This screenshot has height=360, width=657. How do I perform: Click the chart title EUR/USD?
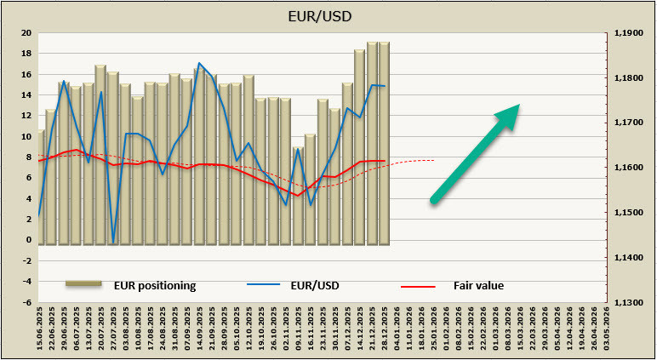328,15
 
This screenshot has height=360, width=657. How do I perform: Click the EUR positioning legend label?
155,285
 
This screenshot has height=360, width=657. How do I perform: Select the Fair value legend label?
478,285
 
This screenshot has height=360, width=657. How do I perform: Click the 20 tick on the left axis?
26,33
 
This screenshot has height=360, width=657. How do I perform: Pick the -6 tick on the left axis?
26,302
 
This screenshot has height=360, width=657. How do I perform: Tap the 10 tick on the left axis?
26,136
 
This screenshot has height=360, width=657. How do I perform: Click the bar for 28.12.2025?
385,145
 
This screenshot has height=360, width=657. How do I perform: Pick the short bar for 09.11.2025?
298,196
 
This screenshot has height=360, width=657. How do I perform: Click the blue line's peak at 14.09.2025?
199,63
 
